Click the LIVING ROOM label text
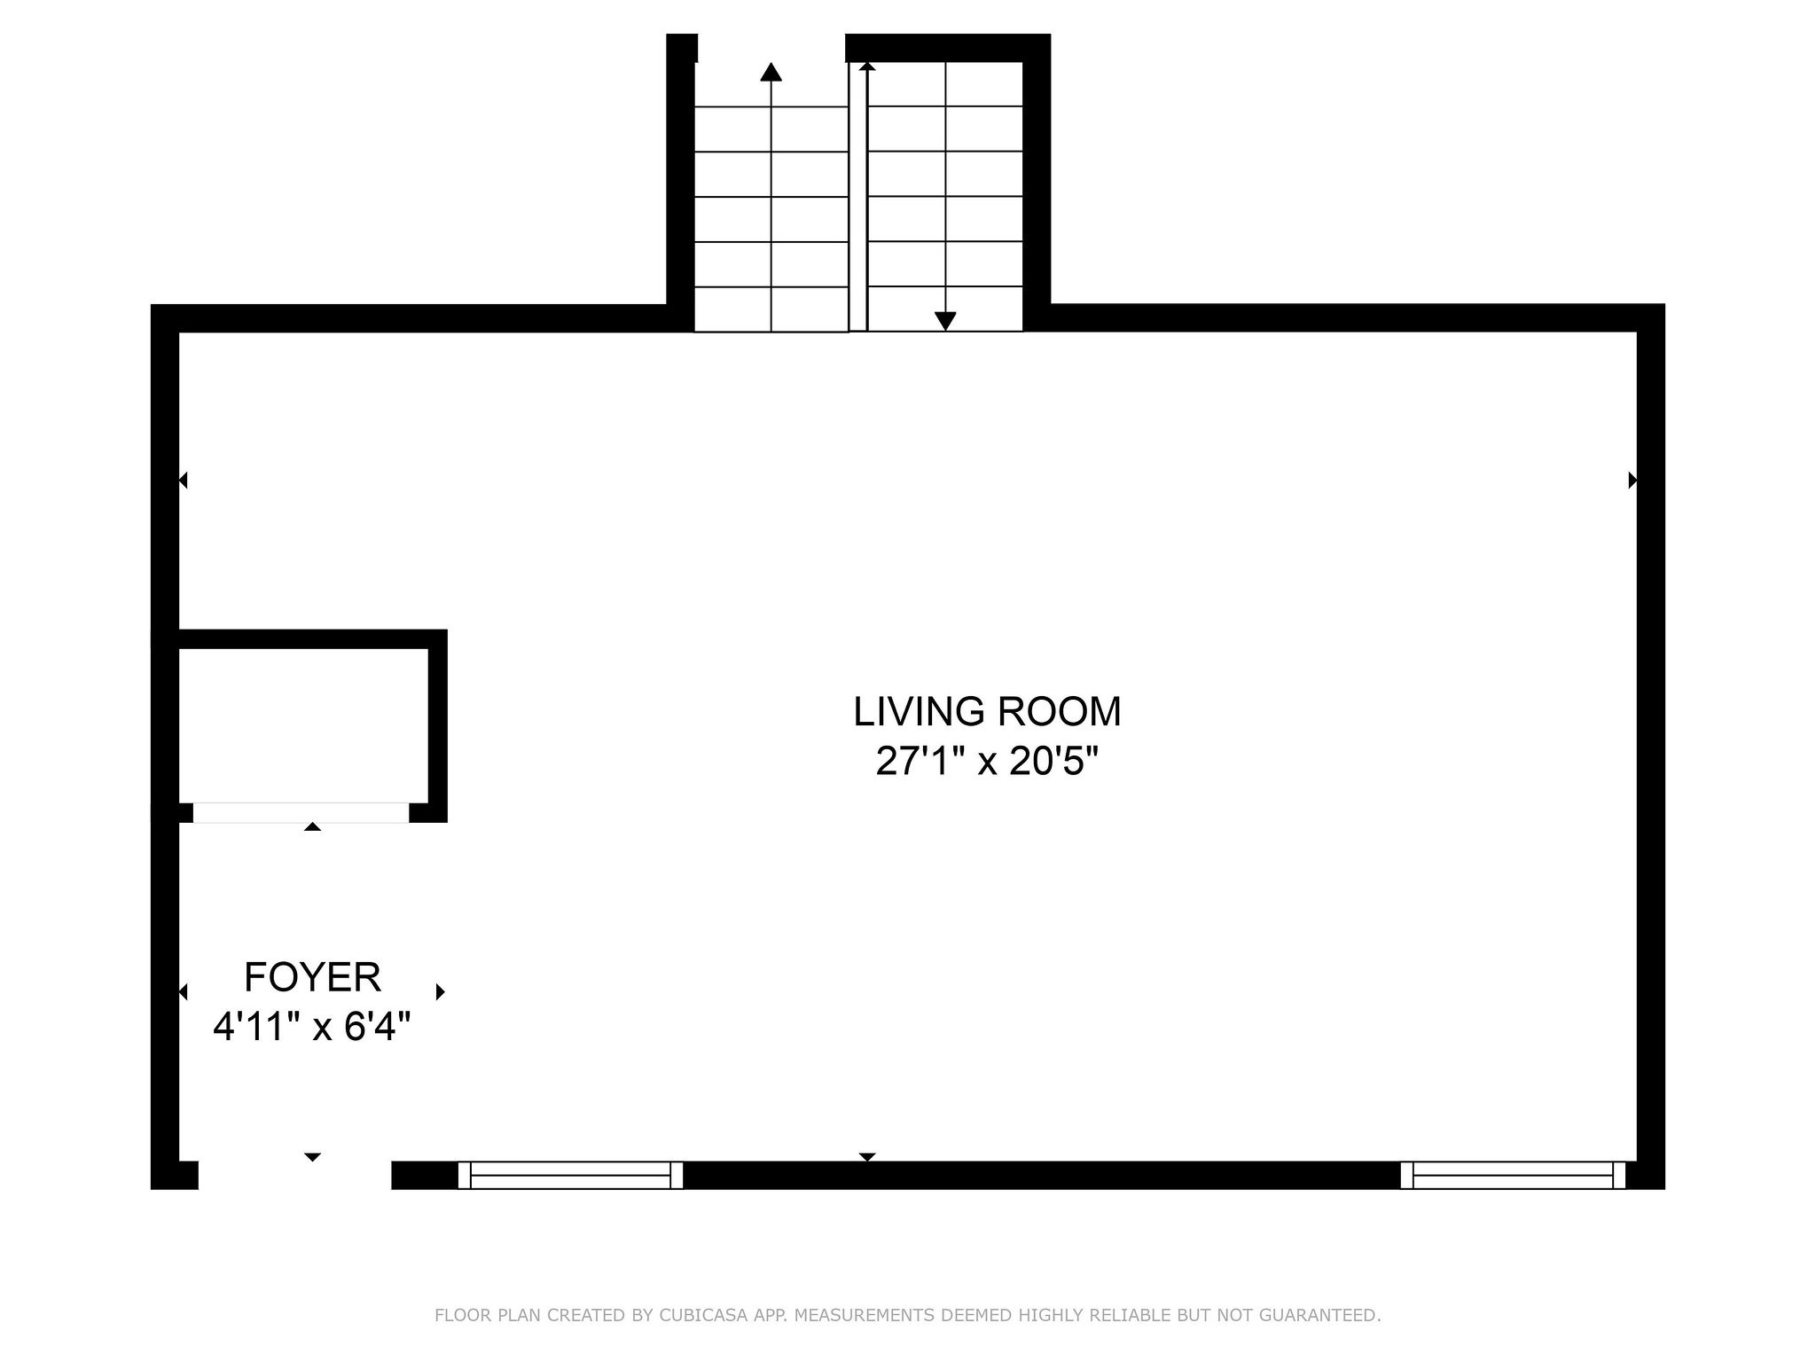987,711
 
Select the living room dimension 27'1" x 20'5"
987,761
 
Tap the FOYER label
312,977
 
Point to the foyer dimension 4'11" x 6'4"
312,1027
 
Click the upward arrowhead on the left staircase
771,72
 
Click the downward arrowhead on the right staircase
945,321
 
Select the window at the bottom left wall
570,1175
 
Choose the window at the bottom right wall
1513,1175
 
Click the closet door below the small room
301,812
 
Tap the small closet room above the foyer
304,725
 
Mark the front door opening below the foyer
294,1175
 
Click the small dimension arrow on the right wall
1632,481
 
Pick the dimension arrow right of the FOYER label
440,991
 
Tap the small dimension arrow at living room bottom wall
867,1157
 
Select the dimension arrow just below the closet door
312,827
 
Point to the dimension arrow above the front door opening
312,1157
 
